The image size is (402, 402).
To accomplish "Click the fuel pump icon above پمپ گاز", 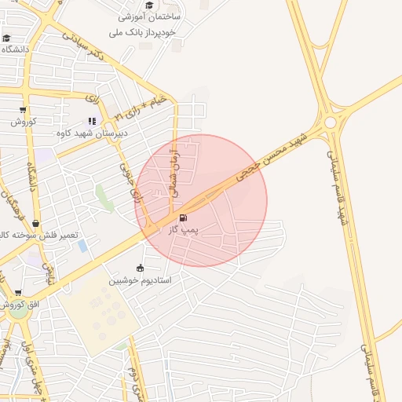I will [184, 217].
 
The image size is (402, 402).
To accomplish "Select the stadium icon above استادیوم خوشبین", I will [141, 267].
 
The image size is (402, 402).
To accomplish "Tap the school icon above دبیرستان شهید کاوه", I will [92, 121].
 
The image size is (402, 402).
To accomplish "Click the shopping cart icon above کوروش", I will [23, 110].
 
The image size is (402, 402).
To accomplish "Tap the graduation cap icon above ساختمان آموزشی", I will [149, 5].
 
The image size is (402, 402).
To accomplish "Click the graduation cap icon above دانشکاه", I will [6, 38].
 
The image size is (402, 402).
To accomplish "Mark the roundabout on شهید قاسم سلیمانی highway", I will [331, 122].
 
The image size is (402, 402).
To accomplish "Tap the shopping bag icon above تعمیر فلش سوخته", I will [36, 224].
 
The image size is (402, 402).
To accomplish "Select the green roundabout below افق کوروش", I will [17, 312].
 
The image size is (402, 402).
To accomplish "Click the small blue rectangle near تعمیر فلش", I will [82, 246].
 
